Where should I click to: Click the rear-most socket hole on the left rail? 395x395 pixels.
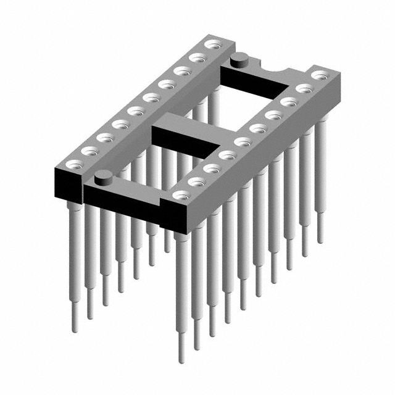point(214,44)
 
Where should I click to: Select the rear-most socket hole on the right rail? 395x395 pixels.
point(319,75)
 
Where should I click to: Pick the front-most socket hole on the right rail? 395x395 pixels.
point(181,195)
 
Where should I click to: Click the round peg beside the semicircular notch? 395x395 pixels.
point(239,60)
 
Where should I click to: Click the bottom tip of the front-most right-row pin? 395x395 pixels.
point(181,360)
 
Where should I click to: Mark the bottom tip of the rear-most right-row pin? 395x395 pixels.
point(320,241)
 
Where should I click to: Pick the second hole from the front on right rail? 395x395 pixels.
point(196,181)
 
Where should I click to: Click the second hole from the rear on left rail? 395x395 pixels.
point(197,58)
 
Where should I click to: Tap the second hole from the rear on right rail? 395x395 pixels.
point(304,88)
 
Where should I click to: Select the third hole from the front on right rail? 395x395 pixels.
point(212,168)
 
